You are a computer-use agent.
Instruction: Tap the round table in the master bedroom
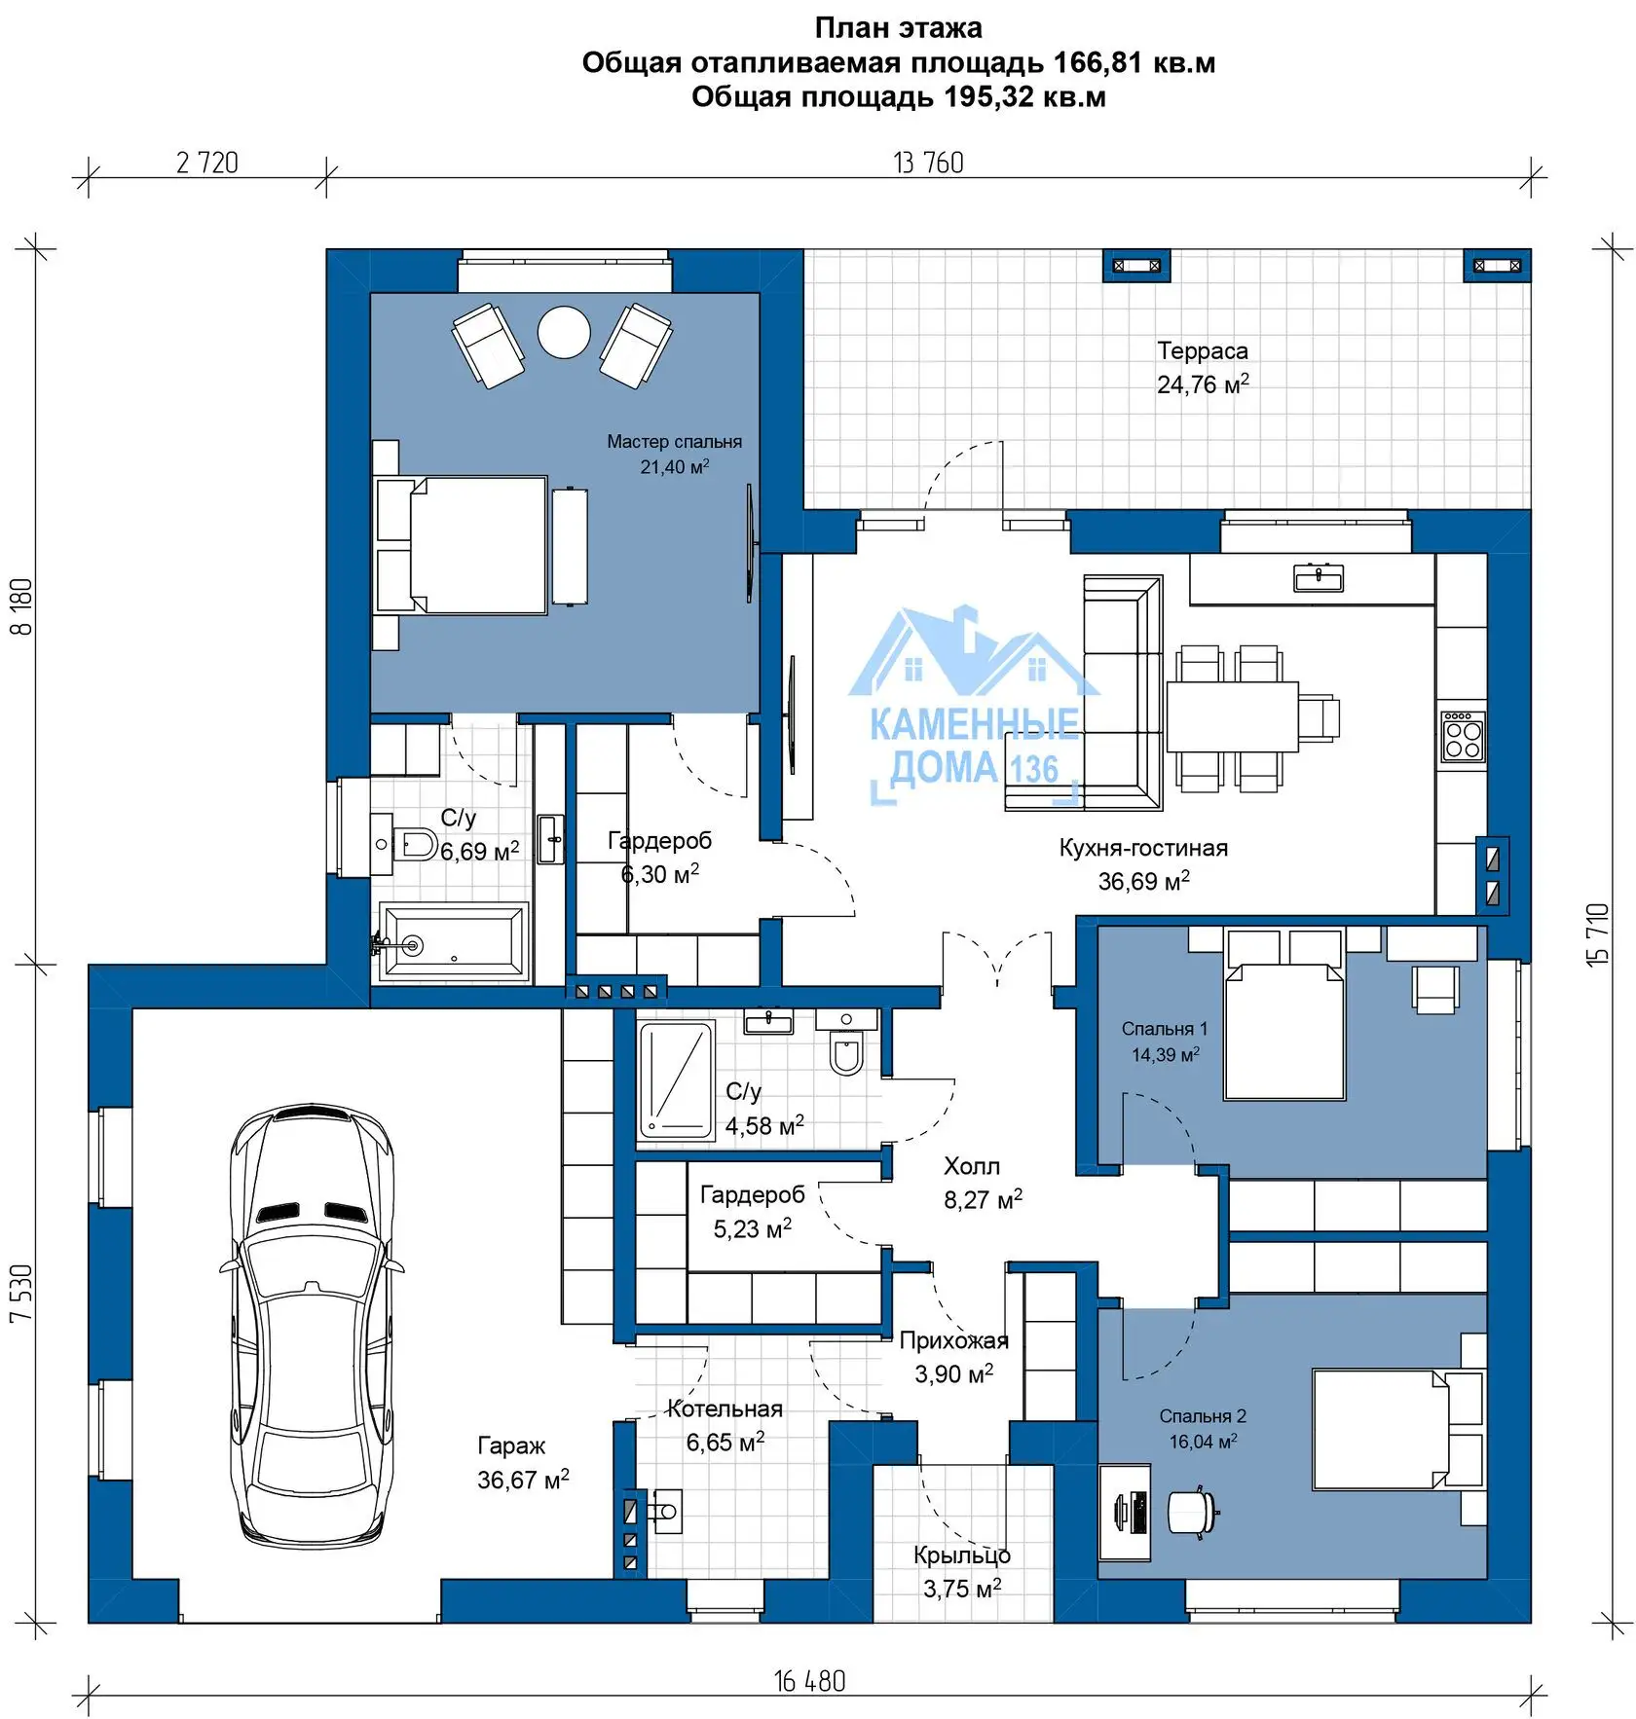(x=565, y=333)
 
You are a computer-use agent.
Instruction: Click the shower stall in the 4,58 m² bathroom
(x=676, y=1079)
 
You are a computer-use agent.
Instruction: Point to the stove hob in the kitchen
(x=1463, y=736)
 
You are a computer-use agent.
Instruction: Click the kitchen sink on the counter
(x=1319, y=578)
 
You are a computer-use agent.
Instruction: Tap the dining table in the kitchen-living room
(x=1233, y=716)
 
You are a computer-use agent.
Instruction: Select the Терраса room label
(x=1203, y=350)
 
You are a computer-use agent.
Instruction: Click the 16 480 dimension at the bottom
(x=810, y=1681)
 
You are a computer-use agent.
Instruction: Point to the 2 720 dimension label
(x=207, y=163)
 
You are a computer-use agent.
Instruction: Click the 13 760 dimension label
(x=929, y=163)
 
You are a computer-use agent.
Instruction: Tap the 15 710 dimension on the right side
(x=1598, y=934)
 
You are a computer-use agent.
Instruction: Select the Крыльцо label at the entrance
(x=962, y=1554)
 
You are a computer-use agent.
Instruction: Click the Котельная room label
(x=725, y=1408)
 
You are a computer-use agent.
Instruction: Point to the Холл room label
(x=972, y=1166)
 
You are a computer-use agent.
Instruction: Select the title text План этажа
(x=899, y=27)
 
